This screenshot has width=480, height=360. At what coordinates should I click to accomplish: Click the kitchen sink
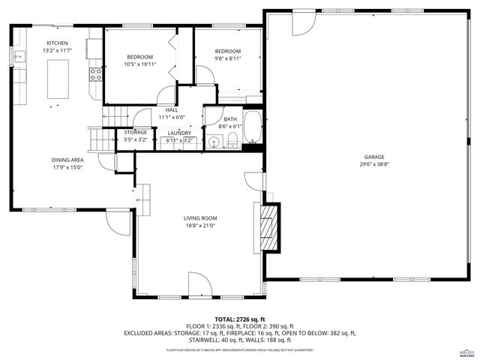coord(19,55)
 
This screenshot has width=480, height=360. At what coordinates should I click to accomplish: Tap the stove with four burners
coord(96,73)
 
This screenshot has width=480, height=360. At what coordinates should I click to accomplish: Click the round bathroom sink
coord(214,142)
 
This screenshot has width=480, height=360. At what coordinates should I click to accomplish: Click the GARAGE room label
coord(353,157)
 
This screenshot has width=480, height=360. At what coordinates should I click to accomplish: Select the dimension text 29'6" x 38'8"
coord(353,164)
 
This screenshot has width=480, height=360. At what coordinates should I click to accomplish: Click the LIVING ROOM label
coord(199,218)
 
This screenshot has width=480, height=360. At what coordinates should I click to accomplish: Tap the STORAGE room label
coord(136,132)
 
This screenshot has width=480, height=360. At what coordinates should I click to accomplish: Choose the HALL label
coord(172,109)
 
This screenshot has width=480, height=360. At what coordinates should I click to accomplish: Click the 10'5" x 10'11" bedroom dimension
coord(139,64)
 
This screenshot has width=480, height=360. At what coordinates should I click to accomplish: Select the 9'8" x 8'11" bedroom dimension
coord(228,58)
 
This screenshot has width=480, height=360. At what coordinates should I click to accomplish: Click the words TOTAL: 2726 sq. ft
coord(240,319)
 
